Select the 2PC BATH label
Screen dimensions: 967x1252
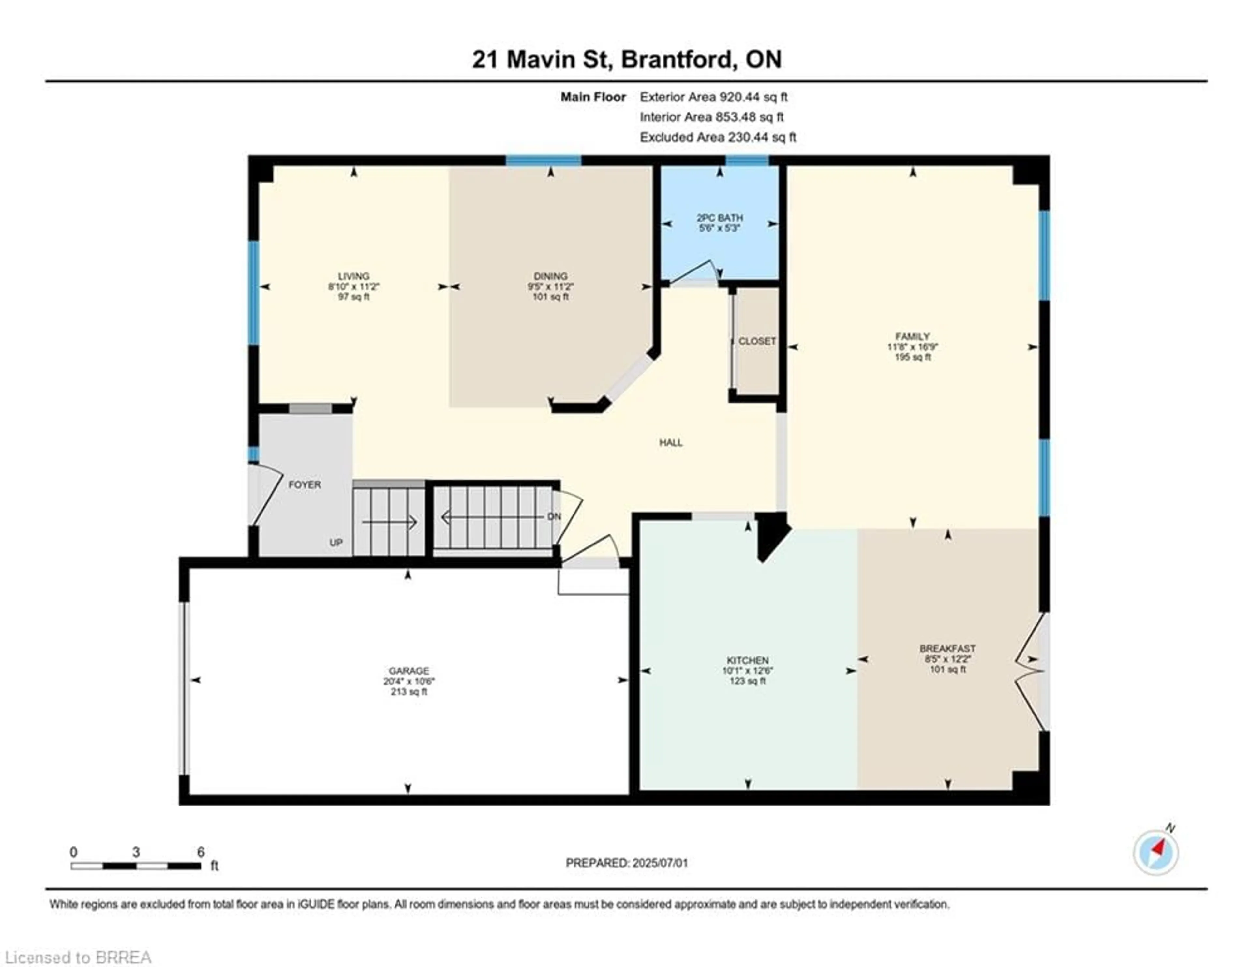720,217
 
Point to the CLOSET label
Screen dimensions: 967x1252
757,341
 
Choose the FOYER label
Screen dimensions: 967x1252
305,485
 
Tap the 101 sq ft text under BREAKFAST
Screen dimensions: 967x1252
947,669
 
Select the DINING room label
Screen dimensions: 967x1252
550,276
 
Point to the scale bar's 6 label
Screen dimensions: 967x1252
201,852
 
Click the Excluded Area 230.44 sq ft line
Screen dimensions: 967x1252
718,137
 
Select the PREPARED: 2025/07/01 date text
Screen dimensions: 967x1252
627,863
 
